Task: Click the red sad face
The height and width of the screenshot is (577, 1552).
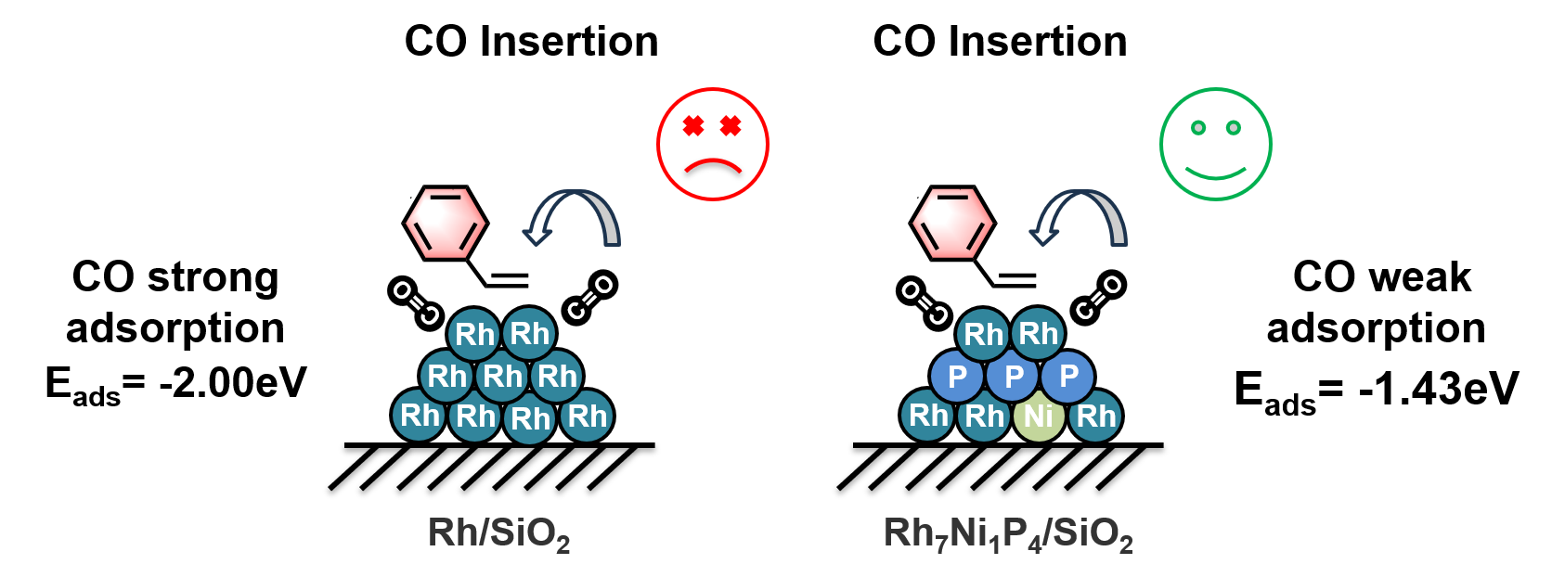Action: point(712,144)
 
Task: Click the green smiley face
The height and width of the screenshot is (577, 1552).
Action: point(1215,144)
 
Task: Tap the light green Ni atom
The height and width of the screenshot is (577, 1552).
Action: point(1040,416)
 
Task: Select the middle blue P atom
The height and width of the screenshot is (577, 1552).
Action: point(1013,377)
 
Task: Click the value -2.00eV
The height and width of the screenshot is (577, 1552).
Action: point(233,382)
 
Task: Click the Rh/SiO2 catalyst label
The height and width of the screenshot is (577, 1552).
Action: point(498,533)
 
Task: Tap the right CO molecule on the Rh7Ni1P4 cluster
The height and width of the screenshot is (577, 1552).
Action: point(1098,297)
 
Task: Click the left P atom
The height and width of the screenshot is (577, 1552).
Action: point(957,377)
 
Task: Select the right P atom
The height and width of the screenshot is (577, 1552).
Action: point(1068,377)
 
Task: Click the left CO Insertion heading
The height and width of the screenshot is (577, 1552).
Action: point(531,42)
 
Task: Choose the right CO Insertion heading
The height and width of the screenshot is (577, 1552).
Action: point(1000,42)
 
